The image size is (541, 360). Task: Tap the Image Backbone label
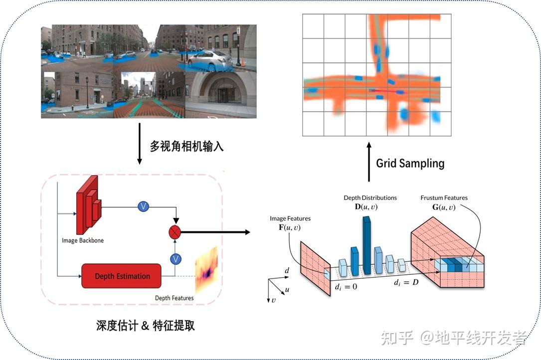click(x=83, y=240)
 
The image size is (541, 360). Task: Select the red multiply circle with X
click(x=175, y=231)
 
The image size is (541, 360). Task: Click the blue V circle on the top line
click(x=144, y=206)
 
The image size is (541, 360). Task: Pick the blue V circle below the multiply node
click(x=175, y=259)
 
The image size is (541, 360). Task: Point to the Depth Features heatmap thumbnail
click(x=206, y=270)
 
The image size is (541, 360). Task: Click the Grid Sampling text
click(x=410, y=163)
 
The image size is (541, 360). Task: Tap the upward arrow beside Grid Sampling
click(x=369, y=162)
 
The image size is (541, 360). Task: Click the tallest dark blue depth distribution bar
click(x=367, y=246)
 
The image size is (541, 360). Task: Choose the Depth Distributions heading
click(x=370, y=198)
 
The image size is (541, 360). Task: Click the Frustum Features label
click(x=444, y=198)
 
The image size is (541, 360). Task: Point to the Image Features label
click(x=290, y=218)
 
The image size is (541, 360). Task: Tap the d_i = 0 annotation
click(x=346, y=287)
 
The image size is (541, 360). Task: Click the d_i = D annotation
click(x=406, y=283)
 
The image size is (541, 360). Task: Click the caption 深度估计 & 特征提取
click(x=145, y=326)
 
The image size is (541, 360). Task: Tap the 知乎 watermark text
click(x=397, y=338)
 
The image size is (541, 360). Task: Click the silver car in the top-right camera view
click(x=209, y=60)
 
